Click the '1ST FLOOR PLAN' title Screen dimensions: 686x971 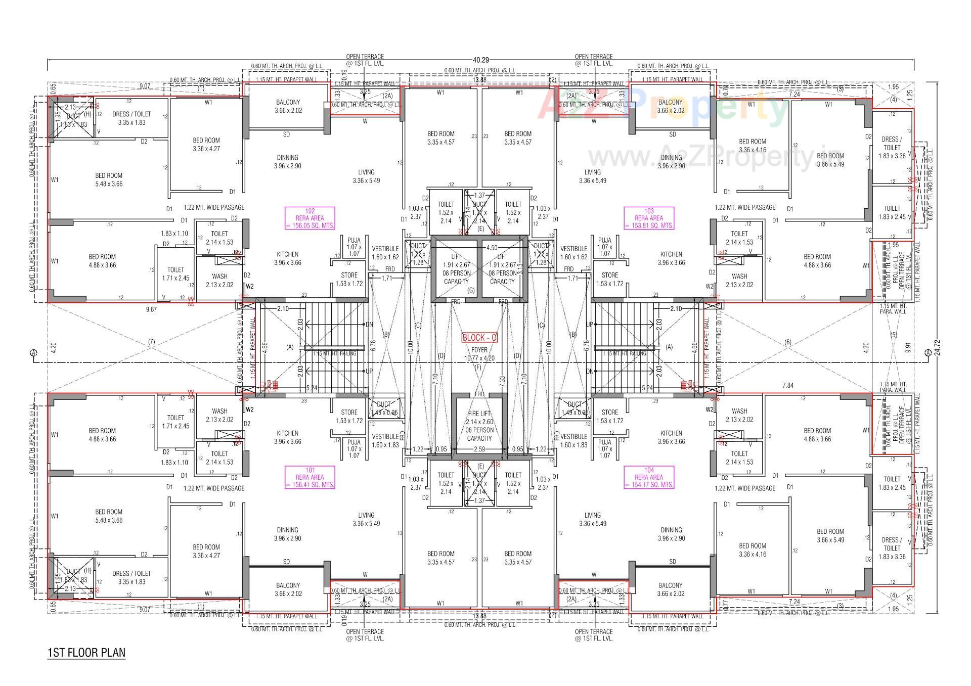(86, 653)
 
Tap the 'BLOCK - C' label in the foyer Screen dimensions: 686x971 (479, 338)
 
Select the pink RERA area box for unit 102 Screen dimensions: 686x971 (310, 218)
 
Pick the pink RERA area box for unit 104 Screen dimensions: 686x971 (649, 477)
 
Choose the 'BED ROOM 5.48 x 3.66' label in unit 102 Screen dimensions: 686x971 (109, 179)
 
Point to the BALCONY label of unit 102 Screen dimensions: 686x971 (288, 106)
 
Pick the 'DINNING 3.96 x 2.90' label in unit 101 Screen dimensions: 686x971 (287, 534)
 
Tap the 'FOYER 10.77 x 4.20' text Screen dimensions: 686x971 (479, 354)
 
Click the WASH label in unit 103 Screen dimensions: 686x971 (739, 280)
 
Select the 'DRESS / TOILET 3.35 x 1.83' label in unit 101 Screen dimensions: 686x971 (131, 577)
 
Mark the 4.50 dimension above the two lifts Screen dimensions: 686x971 (491, 248)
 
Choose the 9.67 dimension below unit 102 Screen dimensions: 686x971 (151, 309)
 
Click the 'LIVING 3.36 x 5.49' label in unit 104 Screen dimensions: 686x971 (592, 519)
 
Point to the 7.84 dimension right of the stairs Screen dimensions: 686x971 (787, 385)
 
